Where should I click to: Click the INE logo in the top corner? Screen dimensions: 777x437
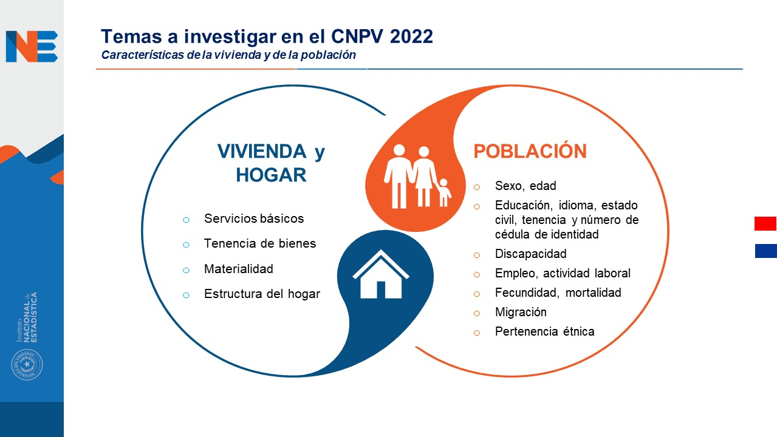coord(32,47)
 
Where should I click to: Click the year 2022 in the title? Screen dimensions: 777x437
coord(411,36)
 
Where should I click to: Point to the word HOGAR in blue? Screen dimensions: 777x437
coord(272,175)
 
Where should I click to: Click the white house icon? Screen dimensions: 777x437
coord(381,274)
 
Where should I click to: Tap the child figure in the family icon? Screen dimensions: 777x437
coord(443,193)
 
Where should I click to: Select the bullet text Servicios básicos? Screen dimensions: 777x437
coord(254,218)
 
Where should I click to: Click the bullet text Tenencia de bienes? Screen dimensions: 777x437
coord(260,243)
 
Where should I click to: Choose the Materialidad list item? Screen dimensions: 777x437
coord(239,269)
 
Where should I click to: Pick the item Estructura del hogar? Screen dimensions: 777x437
coord(262,294)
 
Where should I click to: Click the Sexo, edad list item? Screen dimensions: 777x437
coord(525,186)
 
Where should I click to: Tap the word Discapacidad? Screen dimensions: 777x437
coord(531,254)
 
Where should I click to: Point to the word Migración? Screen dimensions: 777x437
coord(521,312)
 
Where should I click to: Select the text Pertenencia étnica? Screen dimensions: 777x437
coord(544,331)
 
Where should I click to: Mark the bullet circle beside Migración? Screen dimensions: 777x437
coord(477,313)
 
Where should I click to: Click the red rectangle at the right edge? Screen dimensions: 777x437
coord(765,223)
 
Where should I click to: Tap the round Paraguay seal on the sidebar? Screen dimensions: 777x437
coord(27,365)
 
